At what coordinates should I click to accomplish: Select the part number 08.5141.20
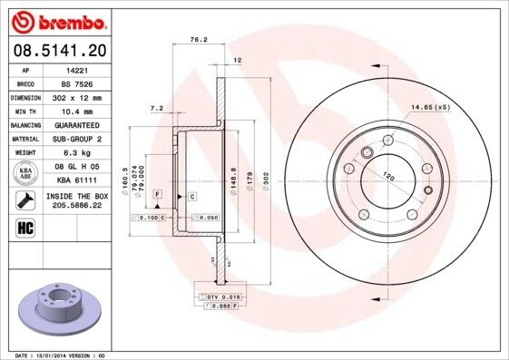(x=57, y=49)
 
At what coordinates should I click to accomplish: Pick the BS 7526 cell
(x=76, y=83)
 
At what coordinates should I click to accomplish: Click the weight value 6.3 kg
(x=76, y=152)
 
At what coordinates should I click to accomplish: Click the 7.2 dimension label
(x=156, y=108)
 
